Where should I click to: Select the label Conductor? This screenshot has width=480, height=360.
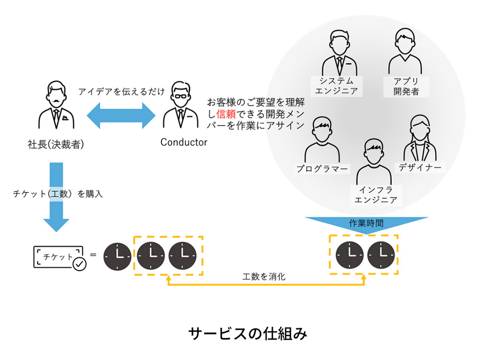(184, 142)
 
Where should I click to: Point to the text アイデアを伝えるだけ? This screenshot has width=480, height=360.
(122, 92)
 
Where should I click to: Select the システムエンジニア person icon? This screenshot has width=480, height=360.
(340, 54)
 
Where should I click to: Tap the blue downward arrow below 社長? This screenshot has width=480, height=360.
(56, 197)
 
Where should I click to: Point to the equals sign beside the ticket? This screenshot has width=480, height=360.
(93, 254)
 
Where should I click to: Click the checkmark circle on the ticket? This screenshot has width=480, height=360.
(79, 264)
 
